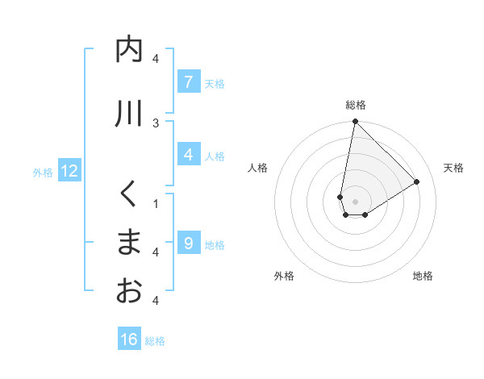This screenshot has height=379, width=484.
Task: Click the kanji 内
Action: pyautogui.click(x=129, y=50)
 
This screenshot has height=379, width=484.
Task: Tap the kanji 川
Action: pyautogui.click(x=129, y=114)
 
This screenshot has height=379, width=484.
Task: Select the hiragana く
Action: pyautogui.click(x=129, y=194)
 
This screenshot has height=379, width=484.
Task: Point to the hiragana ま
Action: pyautogui.click(x=129, y=243)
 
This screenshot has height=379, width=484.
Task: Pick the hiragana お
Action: pyautogui.click(x=129, y=290)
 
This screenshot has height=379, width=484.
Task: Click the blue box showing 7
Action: pyautogui.click(x=188, y=82)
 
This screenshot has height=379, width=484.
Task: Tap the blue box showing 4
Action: pyautogui.click(x=188, y=155)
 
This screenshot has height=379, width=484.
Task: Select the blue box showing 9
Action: pyautogui.click(x=188, y=244)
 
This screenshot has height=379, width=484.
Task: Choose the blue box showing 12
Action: pyautogui.click(x=69, y=171)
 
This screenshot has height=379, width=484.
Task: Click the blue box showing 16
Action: pyautogui.click(x=129, y=339)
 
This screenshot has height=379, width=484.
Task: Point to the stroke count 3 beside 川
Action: pyautogui.click(x=156, y=123)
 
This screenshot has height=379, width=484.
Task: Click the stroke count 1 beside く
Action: pyautogui.click(x=156, y=203)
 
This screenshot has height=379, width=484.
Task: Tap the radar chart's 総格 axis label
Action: pyautogui.click(x=356, y=105)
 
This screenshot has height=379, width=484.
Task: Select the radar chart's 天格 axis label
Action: pyautogui.click(x=454, y=168)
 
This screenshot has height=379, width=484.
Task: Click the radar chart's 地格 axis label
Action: pyautogui.click(x=423, y=276)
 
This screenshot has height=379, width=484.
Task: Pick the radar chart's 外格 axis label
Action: pyautogui.click(x=284, y=276)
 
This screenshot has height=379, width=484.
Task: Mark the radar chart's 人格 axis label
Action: pyautogui.click(x=257, y=168)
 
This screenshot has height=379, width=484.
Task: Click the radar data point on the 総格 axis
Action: pyautogui.click(x=355, y=122)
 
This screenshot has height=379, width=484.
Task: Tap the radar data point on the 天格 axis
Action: pyautogui.click(x=417, y=181)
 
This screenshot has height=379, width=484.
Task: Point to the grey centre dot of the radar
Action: pyautogui.click(x=355, y=202)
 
